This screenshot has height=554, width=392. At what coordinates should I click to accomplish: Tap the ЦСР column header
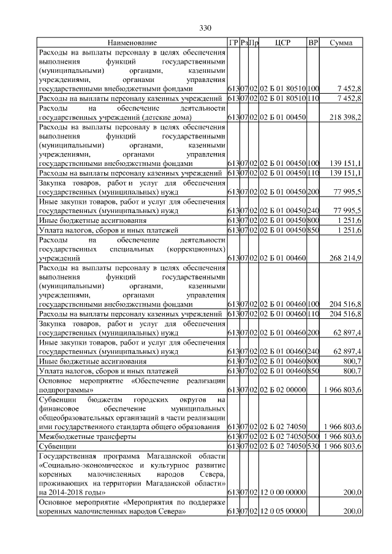(282, 43)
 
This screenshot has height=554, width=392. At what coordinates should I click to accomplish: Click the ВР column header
(313, 43)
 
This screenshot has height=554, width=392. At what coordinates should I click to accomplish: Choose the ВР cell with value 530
(313, 447)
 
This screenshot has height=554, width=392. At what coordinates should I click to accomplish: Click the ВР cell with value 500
(313, 437)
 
